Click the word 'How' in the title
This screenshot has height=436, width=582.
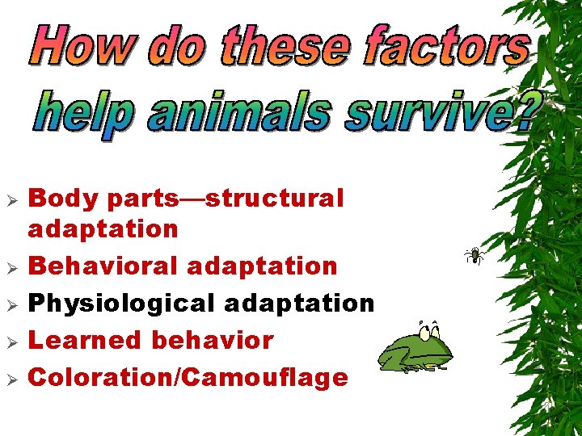(x=81, y=46)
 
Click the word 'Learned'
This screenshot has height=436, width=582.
(x=84, y=340)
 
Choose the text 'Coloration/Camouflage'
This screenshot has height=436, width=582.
(x=188, y=377)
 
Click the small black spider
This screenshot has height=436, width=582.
(x=474, y=256)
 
